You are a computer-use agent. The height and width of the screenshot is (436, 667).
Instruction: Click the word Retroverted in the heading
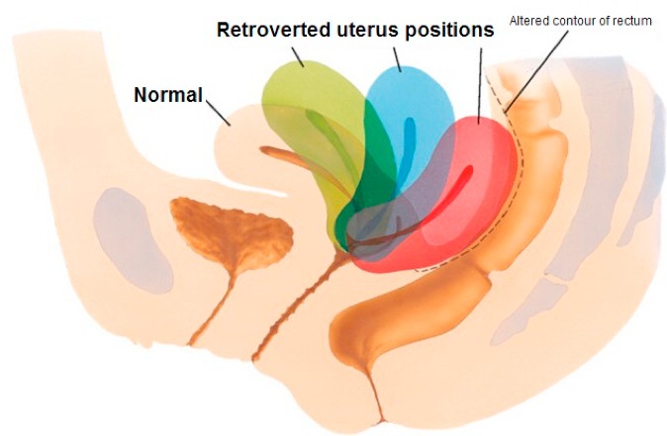pyautogui.click(x=273, y=30)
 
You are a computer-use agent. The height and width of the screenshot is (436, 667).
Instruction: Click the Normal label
pyautogui.click(x=168, y=95)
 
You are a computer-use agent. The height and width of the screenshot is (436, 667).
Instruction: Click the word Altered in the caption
pyautogui.click(x=525, y=21)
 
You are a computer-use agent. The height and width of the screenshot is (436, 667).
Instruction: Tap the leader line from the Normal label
pyautogui.click(x=219, y=113)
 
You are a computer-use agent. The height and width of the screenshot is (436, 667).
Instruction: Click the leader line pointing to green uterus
pyautogui.click(x=298, y=56)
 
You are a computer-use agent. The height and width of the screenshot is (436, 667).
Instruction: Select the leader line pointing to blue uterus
pyautogui.click(x=397, y=59)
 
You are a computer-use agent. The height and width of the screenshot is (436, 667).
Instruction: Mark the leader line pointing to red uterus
pyautogui.click(x=480, y=86)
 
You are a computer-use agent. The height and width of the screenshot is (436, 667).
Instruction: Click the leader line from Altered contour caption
pyautogui.click(x=536, y=70)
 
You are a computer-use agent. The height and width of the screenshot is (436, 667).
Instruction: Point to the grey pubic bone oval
pyautogui.click(x=133, y=240)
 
